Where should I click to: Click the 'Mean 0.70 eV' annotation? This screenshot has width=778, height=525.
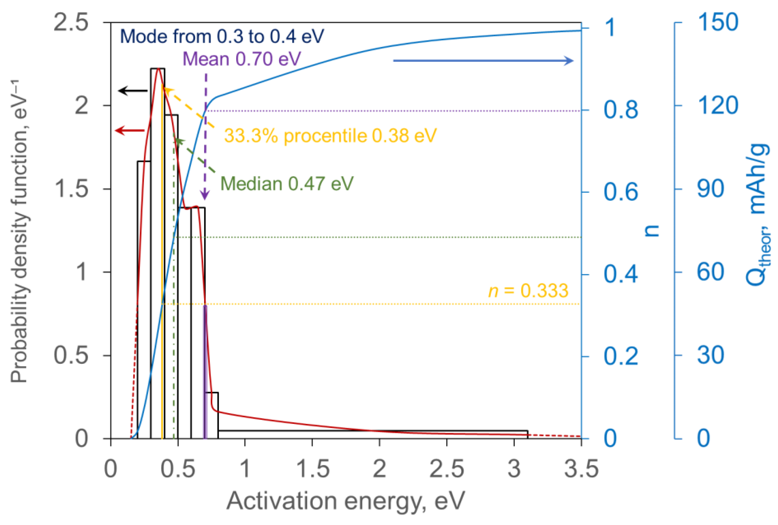241,59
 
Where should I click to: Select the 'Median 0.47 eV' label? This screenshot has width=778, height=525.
287,184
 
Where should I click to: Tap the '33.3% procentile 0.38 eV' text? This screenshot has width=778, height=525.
330,136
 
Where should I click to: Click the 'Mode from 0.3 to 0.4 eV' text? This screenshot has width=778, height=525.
222,36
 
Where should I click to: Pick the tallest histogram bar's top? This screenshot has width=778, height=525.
158,69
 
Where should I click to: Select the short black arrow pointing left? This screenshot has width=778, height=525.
133,91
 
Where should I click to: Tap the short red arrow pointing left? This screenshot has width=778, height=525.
129,130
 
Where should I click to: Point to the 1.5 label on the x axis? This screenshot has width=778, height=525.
313,469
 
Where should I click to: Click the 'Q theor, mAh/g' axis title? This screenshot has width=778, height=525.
759,214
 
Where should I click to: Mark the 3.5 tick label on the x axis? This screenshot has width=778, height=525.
581,469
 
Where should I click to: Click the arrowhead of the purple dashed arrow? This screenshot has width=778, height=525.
205,195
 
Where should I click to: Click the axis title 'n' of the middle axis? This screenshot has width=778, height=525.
652,231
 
